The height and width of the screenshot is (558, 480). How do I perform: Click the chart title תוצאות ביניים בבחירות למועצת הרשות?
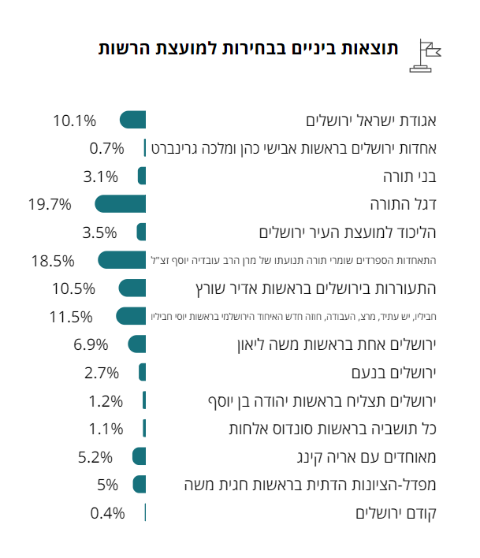(248, 48)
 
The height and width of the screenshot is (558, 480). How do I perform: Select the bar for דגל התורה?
(121, 204)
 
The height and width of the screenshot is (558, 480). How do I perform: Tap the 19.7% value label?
(50, 204)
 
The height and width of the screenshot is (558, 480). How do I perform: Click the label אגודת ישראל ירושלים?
(370, 121)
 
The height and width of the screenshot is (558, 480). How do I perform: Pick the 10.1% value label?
(74, 121)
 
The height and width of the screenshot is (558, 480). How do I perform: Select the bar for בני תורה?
(142, 176)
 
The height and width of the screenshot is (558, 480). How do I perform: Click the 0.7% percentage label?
(107, 148)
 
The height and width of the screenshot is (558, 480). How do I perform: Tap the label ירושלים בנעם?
(393, 372)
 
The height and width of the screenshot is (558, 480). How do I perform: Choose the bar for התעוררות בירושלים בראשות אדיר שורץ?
(132, 288)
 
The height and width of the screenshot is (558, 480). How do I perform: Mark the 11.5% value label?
(71, 317)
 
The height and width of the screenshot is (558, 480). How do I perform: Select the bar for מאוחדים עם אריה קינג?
(140, 456)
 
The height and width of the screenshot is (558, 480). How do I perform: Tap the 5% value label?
(107, 485)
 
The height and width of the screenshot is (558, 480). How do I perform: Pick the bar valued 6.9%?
(137, 344)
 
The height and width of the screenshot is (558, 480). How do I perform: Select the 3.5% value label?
(99, 232)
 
